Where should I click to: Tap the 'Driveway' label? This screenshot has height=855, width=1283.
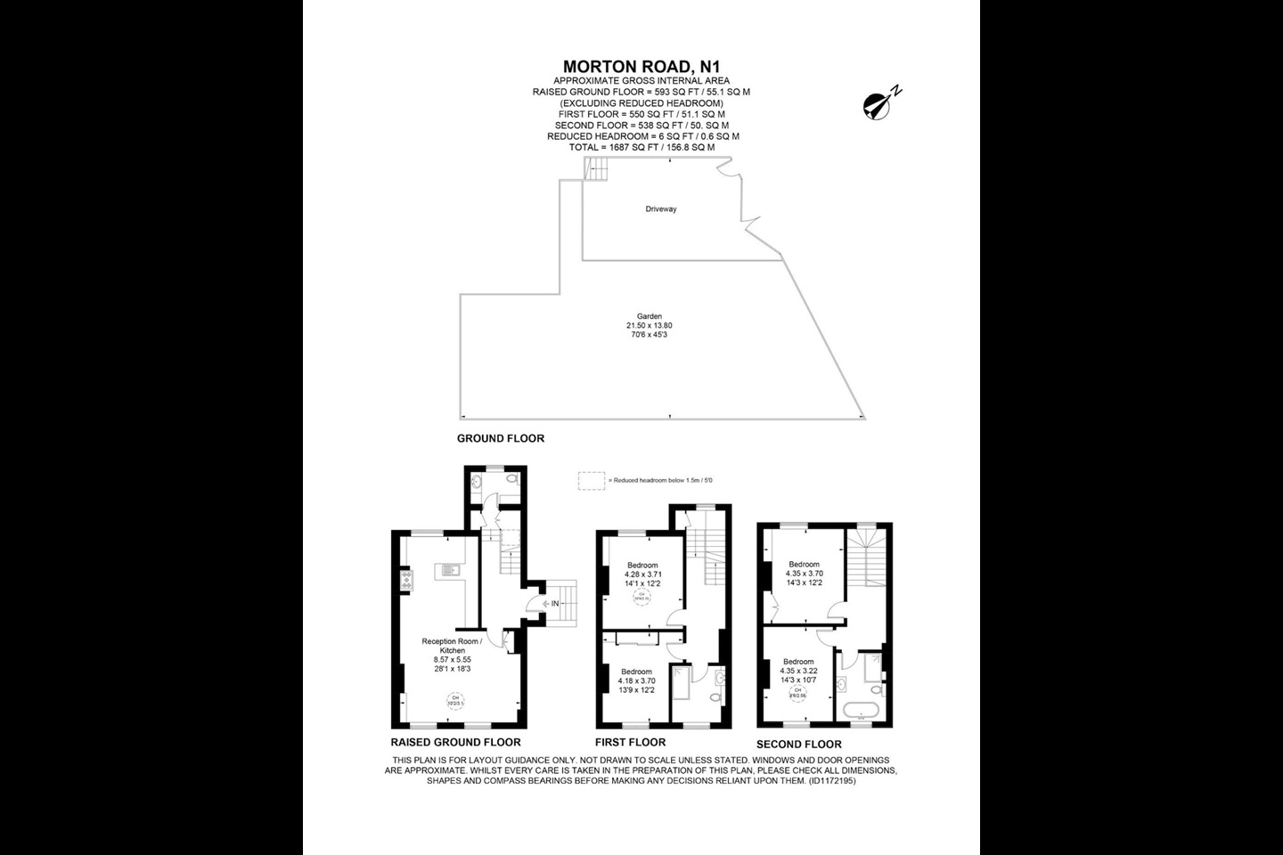[661, 209]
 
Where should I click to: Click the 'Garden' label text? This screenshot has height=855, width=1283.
[649, 316]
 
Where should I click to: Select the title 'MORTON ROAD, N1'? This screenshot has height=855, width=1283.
[641, 67]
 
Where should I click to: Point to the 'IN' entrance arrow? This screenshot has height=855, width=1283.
[550, 604]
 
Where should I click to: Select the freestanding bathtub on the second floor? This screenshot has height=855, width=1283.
[862, 711]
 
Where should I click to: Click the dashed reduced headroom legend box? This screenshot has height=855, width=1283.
[591, 480]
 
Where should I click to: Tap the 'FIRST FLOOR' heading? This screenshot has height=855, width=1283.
[630, 742]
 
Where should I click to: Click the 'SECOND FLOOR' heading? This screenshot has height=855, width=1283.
[798, 744]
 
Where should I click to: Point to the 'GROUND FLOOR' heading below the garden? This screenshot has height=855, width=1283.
[500, 438]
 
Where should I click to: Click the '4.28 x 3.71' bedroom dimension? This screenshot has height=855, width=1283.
[642, 574]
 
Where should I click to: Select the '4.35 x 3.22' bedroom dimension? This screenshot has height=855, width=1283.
[797, 671]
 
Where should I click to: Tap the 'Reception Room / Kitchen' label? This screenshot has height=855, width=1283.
[452, 646]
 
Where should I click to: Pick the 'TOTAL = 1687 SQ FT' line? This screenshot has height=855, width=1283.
[641, 147]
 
